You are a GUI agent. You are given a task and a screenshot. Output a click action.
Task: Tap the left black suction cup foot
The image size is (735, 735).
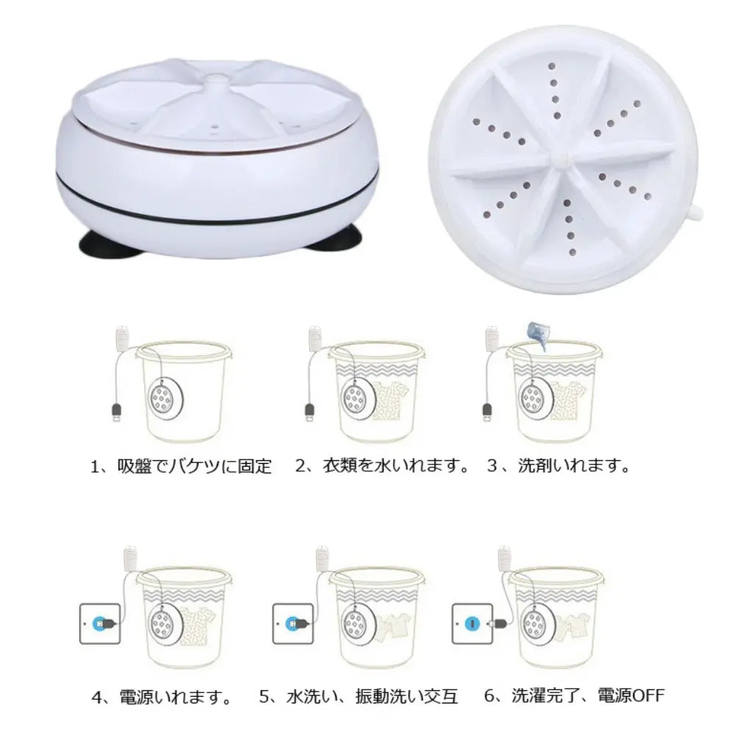pos(109,243)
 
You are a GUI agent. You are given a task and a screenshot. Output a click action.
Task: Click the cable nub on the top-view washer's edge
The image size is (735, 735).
pos(695,214)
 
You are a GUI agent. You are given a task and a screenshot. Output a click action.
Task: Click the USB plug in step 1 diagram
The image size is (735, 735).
pos(117,412)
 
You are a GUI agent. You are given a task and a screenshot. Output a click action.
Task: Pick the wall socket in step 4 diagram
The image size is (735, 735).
pos(100,623)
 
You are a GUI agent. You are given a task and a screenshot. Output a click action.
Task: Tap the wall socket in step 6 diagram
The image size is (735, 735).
pos(472,623)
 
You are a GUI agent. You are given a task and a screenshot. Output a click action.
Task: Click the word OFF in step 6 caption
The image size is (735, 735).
pos(648,695)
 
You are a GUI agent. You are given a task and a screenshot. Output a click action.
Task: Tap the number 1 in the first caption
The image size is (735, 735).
pos(95,467)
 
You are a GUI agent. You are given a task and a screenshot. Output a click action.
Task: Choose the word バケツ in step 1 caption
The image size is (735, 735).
pos(194,467)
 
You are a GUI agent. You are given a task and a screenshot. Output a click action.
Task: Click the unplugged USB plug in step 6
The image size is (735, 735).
pos(498,624)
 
